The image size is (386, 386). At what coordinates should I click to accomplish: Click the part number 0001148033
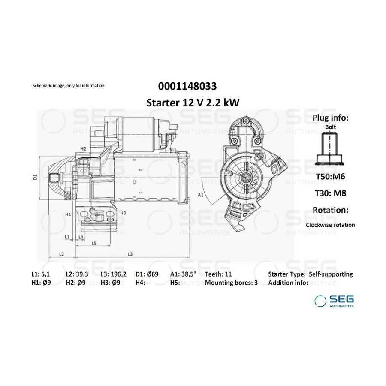coord(187,86)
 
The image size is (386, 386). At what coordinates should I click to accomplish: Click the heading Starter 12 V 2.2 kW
coord(193,103)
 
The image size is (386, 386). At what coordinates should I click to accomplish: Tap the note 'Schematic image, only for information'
coord(69,86)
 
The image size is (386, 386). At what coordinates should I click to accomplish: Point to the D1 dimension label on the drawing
coord(35,177)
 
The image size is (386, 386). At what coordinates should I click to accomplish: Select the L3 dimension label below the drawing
coord(130,254)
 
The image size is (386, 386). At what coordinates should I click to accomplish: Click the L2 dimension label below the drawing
coord(61,254)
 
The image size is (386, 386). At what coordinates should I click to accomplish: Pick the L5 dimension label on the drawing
coord(94,244)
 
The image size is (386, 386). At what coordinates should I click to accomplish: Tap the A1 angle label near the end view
coord(201,195)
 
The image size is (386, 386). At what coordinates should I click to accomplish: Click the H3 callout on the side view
coord(123,213)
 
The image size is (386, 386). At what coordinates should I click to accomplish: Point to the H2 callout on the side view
coord(83,149)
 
